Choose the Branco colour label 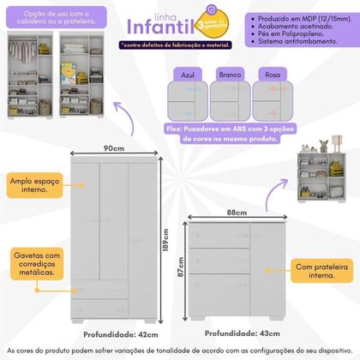pos(228,75)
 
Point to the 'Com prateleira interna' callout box pos(322,272)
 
